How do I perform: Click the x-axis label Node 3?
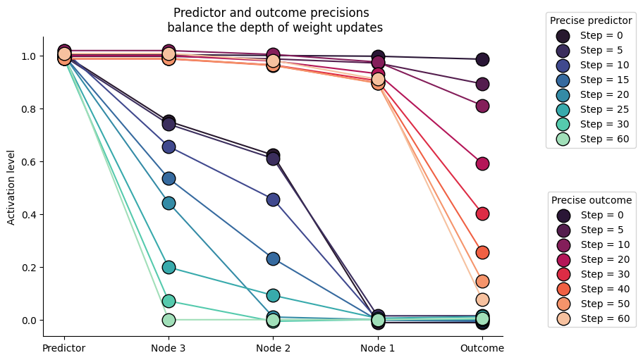pyautogui.click(x=169, y=348)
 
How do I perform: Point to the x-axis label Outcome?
pyautogui.click(x=482, y=348)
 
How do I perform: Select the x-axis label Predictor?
pyautogui.click(x=64, y=348)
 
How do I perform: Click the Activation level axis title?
pyautogui.click(x=11, y=187)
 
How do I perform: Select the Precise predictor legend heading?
pyautogui.click(x=591, y=21)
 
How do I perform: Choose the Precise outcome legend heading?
pyautogui.click(x=591, y=201)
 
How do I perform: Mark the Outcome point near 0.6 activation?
pyautogui.click(x=482, y=163)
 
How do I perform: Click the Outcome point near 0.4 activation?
pyautogui.click(x=482, y=213)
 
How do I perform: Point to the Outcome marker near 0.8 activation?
pyautogui.click(x=482, y=106)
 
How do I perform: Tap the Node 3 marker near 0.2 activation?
pyautogui.click(x=169, y=267)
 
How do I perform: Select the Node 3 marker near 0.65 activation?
pyautogui.click(x=169, y=147)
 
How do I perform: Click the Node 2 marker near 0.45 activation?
pyautogui.click(x=273, y=199)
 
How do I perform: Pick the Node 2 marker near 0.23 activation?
pyautogui.click(x=273, y=259)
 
